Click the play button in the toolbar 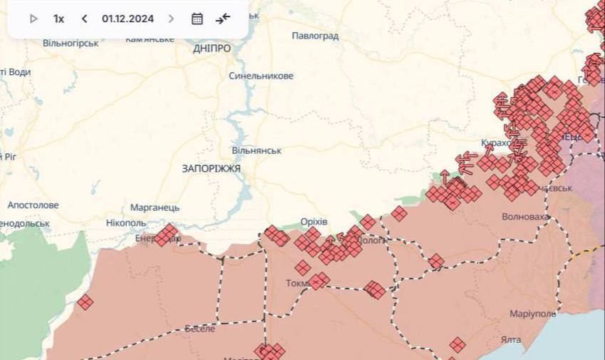[33, 19]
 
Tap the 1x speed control [58, 19]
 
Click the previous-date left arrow [84, 19]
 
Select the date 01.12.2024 [128, 19]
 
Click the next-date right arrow [171, 19]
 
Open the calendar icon [197, 19]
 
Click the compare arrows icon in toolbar [223, 19]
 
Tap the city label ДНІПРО [212, 48]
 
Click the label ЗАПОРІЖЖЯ [211, 168]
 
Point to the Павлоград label [315, 35]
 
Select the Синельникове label [261, 76]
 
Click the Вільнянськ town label [257, 150]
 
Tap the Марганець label [155, 207]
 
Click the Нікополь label [125, 222]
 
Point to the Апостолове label [33, 205]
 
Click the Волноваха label [526, 216]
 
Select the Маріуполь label [532, 314]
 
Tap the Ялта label [510, 339]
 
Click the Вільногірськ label [71, 43]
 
